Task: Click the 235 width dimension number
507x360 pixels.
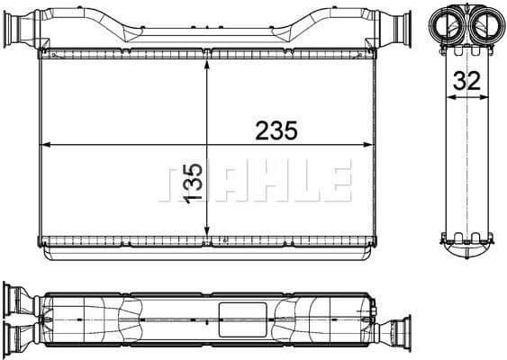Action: [x=276, y=130]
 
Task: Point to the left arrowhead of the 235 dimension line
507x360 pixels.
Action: [x=47, y=144]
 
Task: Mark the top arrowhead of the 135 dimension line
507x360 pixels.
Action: [x=208, y=65]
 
